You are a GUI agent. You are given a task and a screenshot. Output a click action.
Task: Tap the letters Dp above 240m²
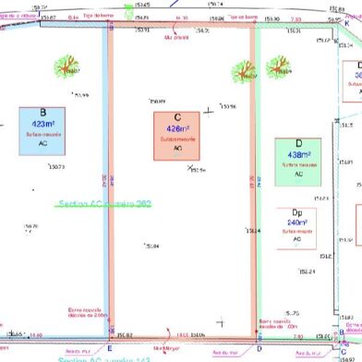pos(297,211)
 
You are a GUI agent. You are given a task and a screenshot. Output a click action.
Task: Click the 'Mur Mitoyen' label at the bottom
pos(167,348)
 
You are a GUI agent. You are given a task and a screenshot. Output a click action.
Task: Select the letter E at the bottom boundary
pos(110,347)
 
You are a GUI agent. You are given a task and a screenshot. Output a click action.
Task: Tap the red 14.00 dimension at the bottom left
pos(35,335)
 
